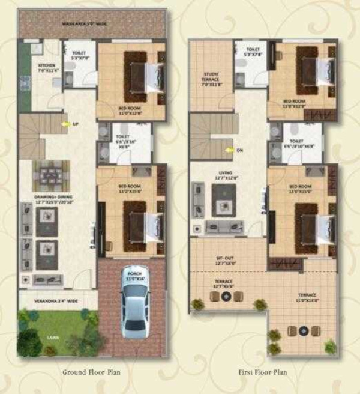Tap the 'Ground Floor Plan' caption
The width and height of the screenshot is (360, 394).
point(92,372)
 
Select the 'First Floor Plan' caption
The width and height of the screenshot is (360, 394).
point(263,372)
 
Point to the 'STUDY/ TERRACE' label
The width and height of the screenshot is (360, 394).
point(211,77)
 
